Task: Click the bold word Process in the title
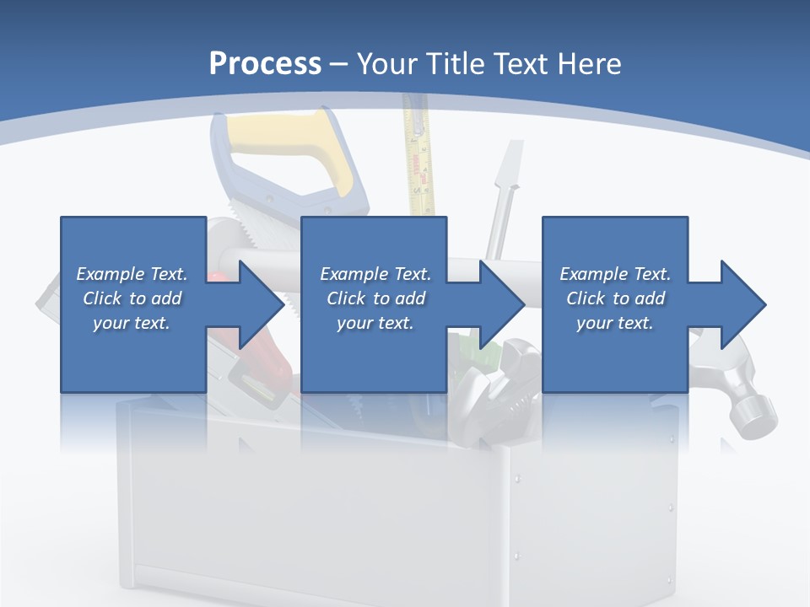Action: tap(265, 64)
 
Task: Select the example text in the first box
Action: tap(132, 298)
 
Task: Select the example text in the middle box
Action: tap(375, 298)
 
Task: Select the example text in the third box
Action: tap(615, 298)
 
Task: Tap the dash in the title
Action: tap(339, 64)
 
